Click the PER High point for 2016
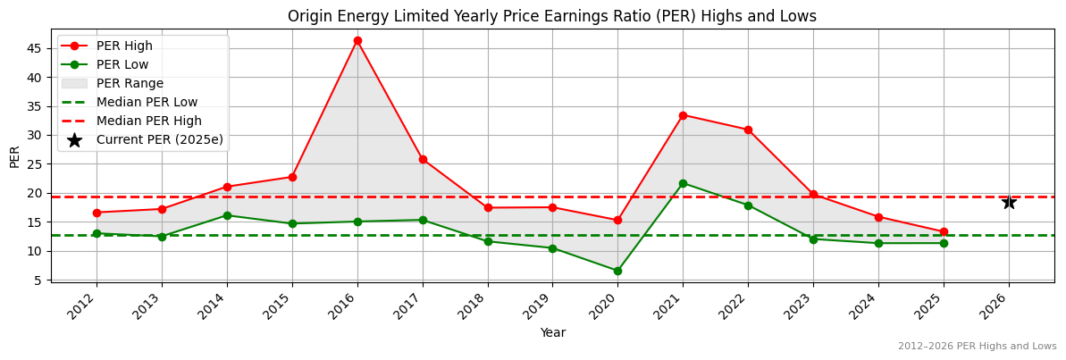point(357,40)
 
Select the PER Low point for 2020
point(617,271)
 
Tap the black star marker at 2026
point(1009,202)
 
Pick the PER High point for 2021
point(683,115)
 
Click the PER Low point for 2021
point(683,183)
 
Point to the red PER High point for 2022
point(748,130)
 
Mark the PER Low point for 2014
point(227,215)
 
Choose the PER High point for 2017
point(423,159)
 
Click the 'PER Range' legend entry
point(130,83)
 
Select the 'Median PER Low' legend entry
point(147,102)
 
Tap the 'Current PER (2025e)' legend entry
point(159,139)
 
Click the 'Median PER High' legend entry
point(148,121)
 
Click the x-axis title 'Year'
point(552,332)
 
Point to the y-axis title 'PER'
point(14,156)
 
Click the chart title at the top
point(551,16)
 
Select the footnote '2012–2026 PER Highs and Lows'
point(977,346)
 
